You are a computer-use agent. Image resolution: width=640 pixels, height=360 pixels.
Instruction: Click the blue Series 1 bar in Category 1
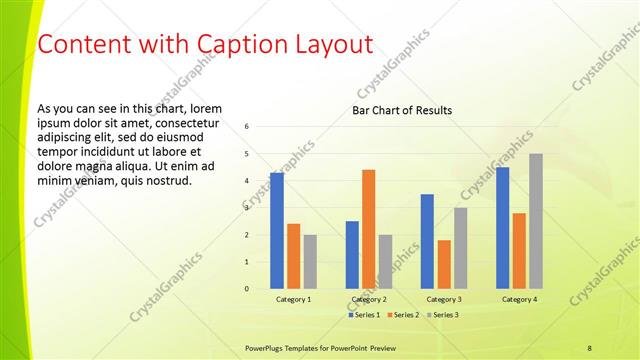pyautogui.click(x=276, y=231)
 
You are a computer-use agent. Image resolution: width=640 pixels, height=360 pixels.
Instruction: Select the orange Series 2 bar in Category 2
pyautogui.click(x=368, y=229)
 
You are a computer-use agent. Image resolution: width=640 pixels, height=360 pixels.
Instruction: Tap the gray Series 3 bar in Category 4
pyautogui.click(x=536, y=221)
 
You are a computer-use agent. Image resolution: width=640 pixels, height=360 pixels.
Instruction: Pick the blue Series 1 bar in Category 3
pyautogui.click(x=427, y=241)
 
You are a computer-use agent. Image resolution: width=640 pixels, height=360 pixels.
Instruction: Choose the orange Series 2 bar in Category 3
pyautogui.click(x=444, y=264)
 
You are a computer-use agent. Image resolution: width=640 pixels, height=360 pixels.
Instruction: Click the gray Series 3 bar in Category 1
pyautogui.click(x=310, y=262)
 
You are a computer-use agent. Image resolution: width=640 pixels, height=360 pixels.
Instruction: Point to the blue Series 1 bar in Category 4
pyautogui.click(x=502, y=228)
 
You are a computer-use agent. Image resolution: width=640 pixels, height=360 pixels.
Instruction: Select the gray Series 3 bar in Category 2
pyautogui.click(x=385, y=262)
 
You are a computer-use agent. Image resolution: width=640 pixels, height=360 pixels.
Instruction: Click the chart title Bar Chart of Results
pyautogui.click(x=402, y=110)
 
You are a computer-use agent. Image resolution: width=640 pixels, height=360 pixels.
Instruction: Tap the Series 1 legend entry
pyautogui.click(x=364, y=315)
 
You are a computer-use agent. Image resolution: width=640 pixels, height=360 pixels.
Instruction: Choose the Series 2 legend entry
pyautogui.click(x=402, y=315)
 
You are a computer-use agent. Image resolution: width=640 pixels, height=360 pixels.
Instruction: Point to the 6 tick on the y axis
pyautogui.click(x=247, y=127)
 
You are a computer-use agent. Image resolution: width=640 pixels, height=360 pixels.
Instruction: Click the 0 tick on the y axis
pyautogui.click(x=247, y=289)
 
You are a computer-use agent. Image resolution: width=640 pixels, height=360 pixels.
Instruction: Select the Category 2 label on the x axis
pyautogui.click(x=369, y=299)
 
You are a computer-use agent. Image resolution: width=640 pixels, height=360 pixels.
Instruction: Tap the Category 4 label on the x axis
pyautogui.click(x=519, y=299)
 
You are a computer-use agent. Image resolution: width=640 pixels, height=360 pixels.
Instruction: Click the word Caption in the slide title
pyautogui.click(x=212, y=45)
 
